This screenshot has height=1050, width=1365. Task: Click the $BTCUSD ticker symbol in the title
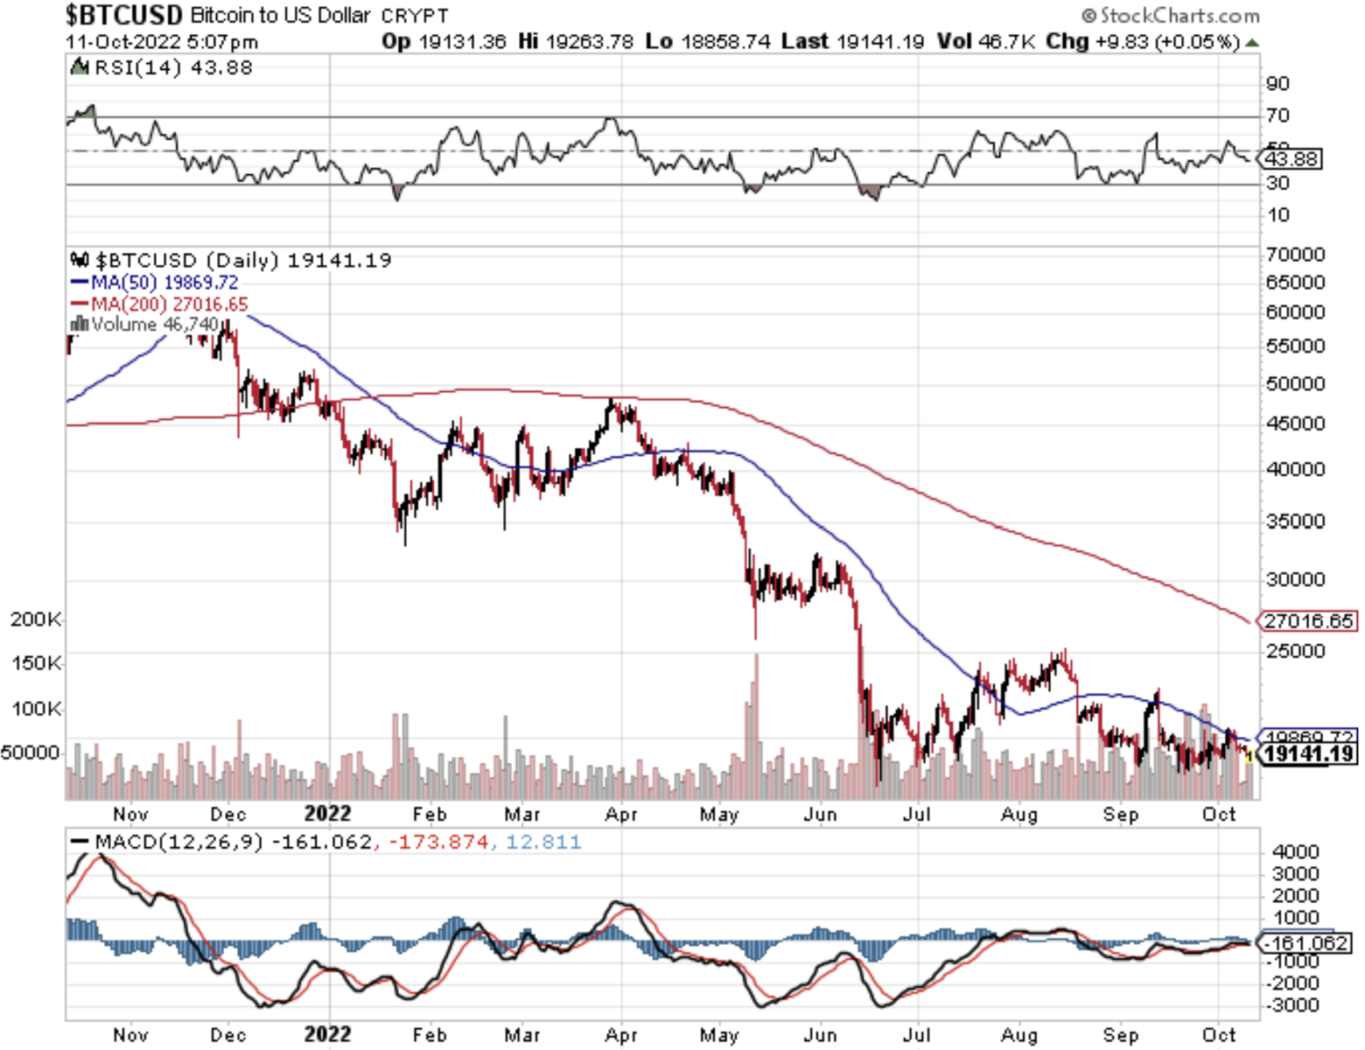coord(123,15)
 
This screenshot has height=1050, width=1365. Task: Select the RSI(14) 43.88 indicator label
coord(172,67)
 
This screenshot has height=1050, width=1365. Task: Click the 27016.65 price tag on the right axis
coord(1309,621)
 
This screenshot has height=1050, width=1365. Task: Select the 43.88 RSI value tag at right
coord(1291,158)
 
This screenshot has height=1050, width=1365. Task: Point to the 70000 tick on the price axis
coord(1295,255)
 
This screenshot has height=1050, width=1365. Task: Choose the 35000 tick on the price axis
coord(1295,521)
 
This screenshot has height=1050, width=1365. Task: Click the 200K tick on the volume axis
coord(35,619)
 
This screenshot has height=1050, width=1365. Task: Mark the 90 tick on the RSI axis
coord(1277,84)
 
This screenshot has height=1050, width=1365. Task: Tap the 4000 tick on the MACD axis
coord(1295,852)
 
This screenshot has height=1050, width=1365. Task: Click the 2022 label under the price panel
coord(327,814)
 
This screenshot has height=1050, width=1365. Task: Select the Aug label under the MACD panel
coord(1019,1035)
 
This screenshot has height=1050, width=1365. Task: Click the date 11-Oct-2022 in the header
coord(122,41)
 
